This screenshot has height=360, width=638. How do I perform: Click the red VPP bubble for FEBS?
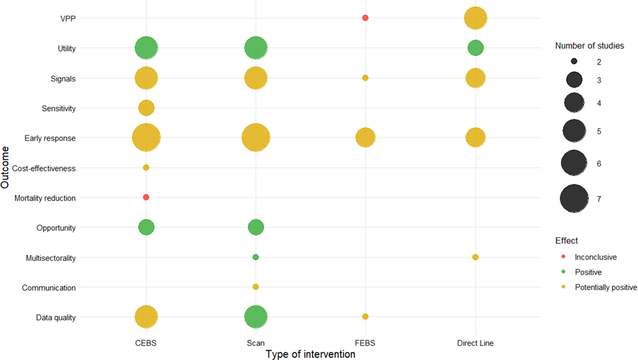(x=365, y=18)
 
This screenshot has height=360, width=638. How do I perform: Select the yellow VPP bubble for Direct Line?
(x=475, y=18)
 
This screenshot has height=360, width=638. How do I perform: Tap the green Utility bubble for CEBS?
(x=146, y=48)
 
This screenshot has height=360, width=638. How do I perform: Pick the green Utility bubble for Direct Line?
(x=475, y=48)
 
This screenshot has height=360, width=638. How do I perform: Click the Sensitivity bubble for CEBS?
(x=146, y=108)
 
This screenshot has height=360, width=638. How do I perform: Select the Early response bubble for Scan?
(x=256, y=138)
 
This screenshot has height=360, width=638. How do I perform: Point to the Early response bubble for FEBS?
(x=365, y=138)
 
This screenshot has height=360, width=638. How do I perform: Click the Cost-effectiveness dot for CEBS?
(x=146, y=168)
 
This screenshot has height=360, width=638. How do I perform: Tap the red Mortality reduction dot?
(x=146, y=197)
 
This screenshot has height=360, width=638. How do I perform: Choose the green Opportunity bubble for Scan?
(x=256, y=227)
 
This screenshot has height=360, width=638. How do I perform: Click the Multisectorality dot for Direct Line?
(x=475, y=257)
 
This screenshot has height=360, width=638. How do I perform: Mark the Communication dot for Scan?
(x=256, y=287)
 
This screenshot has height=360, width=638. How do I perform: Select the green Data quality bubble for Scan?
(x=256, y=317)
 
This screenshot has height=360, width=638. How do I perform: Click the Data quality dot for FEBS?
(x=365, y=317)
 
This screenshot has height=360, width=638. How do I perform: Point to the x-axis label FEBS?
(x=365, y=342)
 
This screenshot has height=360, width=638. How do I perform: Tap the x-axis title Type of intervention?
(x=311, y=354)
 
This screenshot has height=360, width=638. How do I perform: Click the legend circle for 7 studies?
(x=574, y=199)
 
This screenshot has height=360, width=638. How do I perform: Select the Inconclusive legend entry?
(x=594, y=257)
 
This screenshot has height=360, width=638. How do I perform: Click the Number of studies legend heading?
(x=589, y=46)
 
